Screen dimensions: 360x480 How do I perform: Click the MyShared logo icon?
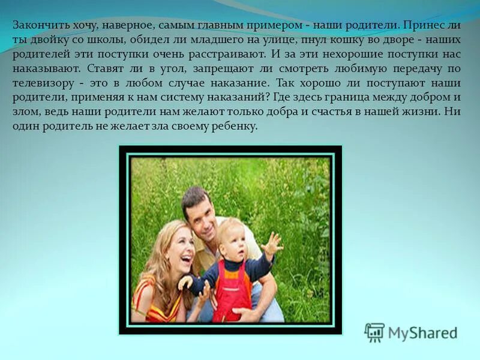pyautogui.click(x=374, y=332)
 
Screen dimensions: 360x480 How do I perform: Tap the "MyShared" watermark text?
pyautogui.click(x=422, y=333)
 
